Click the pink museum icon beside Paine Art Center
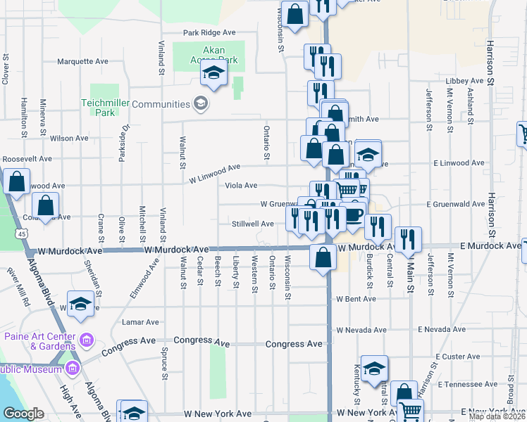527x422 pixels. pos(87,341)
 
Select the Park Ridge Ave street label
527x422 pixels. pos(209,32)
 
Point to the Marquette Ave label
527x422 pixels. pos(82,61)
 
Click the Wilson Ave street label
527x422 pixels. pos(69,139)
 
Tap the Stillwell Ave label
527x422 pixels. pos(253,224)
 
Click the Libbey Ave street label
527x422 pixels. pos(466,81)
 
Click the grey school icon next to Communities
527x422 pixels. pos(201,104)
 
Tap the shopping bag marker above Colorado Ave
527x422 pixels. pos(46,206)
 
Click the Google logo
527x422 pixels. pos(23,414)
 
